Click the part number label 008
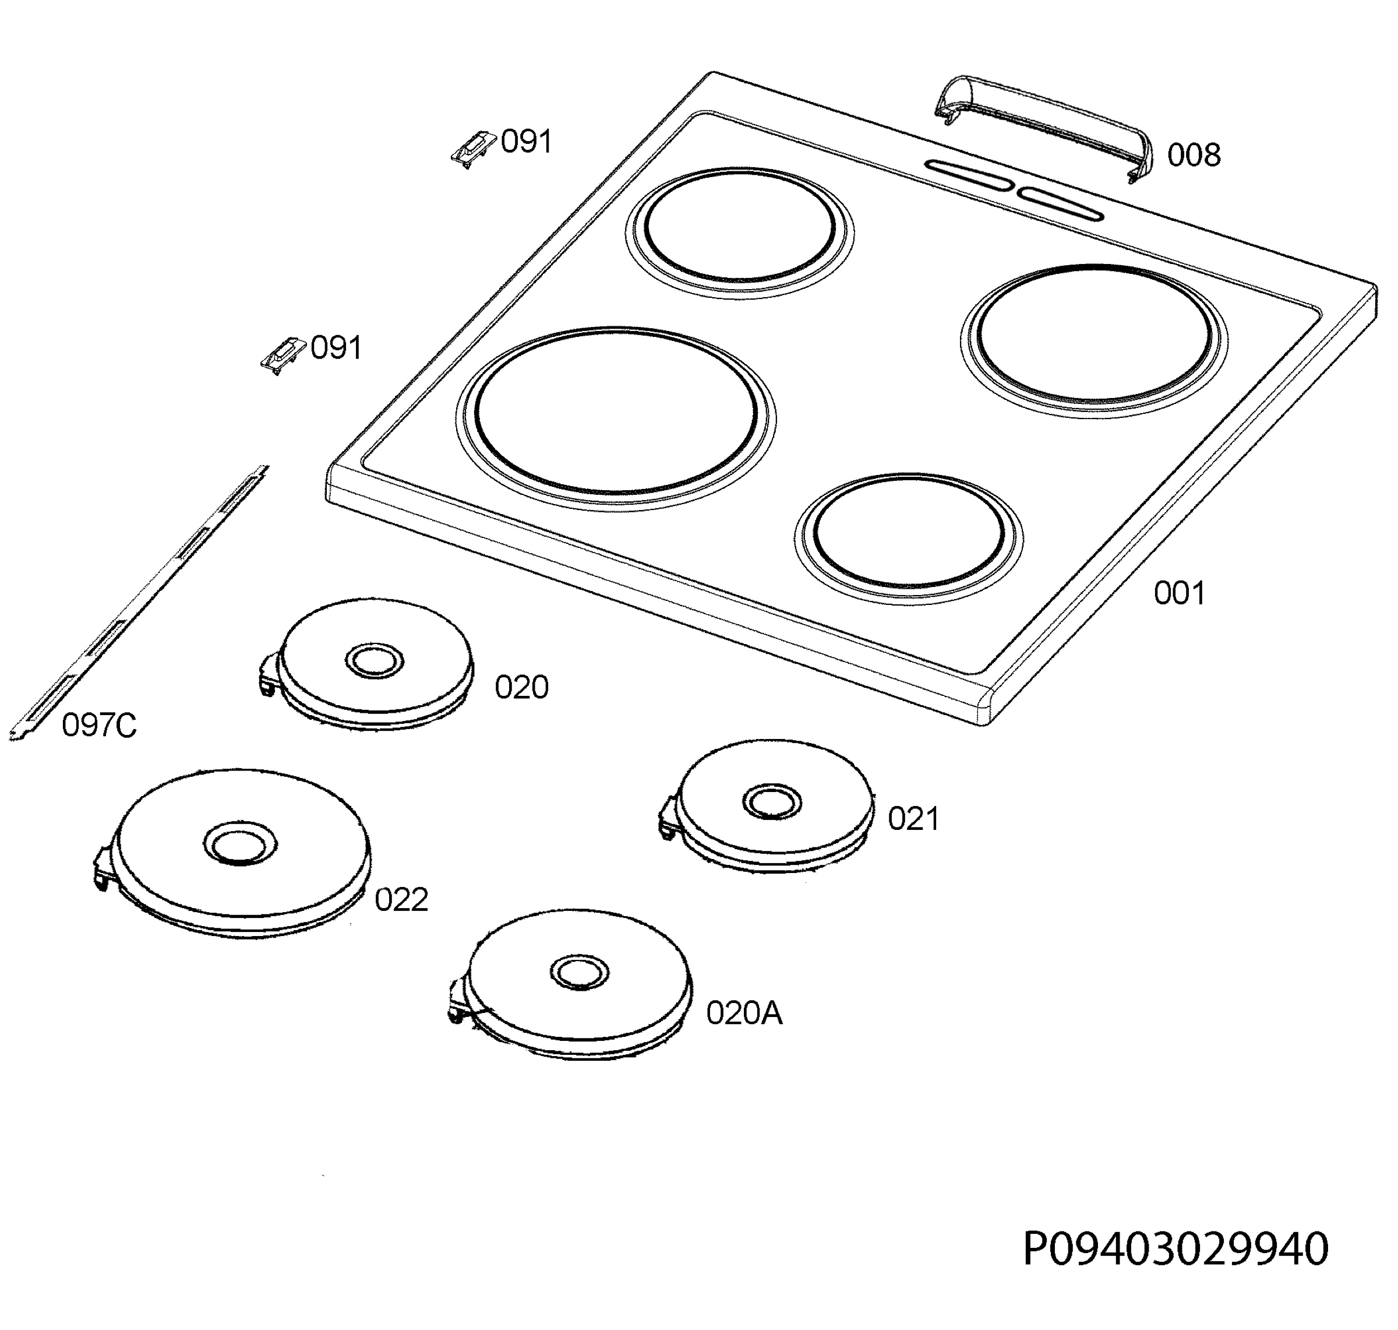coord(1194,155)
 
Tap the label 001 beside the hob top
coord(1179,593)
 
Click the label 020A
coord(744,1014)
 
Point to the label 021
coord(913,819)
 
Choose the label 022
coord(401,900)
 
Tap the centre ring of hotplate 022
coord(240,845)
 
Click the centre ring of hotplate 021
coord(772,803)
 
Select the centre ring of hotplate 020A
coord(580,972)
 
